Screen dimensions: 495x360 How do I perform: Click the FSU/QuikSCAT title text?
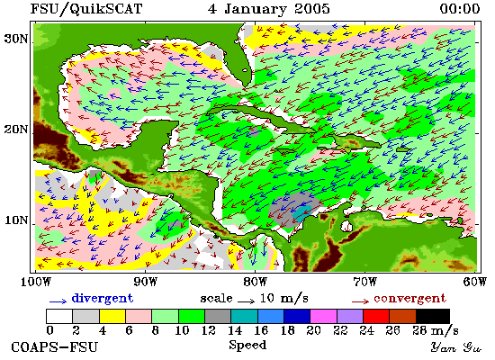pyautogui.click(x=85, y=9)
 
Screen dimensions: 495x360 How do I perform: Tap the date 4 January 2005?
pyautogui.click(x=269, y=9)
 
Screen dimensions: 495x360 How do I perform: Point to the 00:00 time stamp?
pyautogui.click(x=460, y=8)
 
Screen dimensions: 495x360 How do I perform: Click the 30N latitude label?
pyautogui.click(x=16, y=40)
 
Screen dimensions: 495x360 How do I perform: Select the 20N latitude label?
pyautogui.click(x=16, y=130)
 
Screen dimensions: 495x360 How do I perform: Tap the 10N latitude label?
pyautogui.click(x=16, y=220)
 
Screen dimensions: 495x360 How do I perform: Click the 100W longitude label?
pyautogui.click(x=36, y=282)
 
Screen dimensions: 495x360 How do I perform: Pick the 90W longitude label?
pyautogui.click(x=146, y=282)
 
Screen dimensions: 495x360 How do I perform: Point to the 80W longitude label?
pyautogui.click(x=255, y=282)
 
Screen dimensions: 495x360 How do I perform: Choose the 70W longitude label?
pyautogui.click(x=364, y=282)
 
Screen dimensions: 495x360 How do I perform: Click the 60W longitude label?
pyautogui.click(x=475, y=282)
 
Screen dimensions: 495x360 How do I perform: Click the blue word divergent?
pyautogui.click(x=103, y=299)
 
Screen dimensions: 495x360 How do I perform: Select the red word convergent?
pyautogui.click(x=410, y=299)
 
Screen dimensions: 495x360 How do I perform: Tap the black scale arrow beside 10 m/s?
pyautogui.click(x=246, y=301)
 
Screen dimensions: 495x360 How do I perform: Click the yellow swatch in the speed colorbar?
pyautogui.click(x=112, y=316)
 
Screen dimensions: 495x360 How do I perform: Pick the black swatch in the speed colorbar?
pyautogui.click(x=433, y=316)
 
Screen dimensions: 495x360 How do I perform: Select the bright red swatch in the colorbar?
pyautogui.click(x=376, y=316)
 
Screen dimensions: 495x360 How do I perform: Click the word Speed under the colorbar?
pyautogui.click(x=247, y=346)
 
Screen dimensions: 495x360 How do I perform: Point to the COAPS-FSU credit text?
pyautogui.click(x=55, y=347)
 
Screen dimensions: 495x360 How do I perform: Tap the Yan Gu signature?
pyautogui.click(x=456, y=347)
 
